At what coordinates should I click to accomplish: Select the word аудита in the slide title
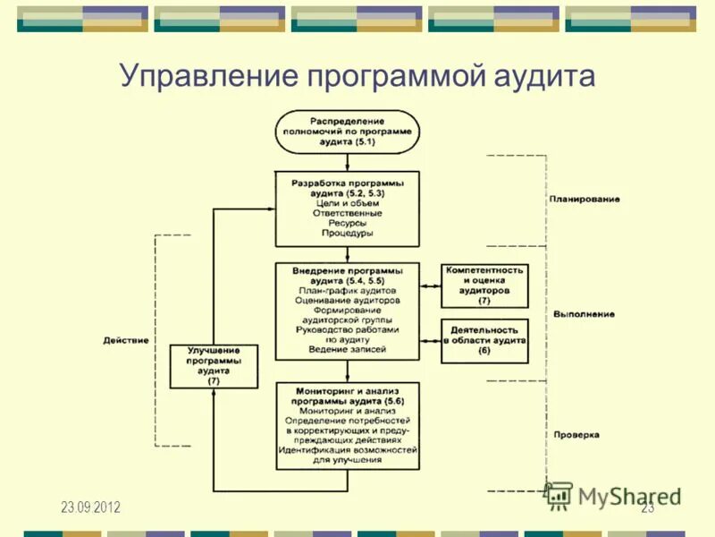pos(542,76)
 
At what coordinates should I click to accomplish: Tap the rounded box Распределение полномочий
pos(347,132)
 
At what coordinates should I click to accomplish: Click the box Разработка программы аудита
pos(347,209)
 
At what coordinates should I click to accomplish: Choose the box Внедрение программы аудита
pos(347,310)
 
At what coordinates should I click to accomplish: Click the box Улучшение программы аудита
pos(213,366)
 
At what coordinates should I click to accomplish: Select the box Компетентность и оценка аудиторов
pos(484,285)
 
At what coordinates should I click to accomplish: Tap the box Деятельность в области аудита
pos(484,341)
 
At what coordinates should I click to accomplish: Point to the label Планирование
pos(585,199)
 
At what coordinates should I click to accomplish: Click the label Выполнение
pos(584,314)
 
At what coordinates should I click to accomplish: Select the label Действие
pos(126,340)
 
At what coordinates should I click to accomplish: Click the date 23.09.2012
pos(90,507)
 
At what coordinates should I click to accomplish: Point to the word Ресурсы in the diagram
pos(347,223)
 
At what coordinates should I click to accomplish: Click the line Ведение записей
pos(347,349)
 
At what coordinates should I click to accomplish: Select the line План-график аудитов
pos(347,290)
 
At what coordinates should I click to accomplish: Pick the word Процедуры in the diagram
pos(347,233)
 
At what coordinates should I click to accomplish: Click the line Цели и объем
pos(347,202)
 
